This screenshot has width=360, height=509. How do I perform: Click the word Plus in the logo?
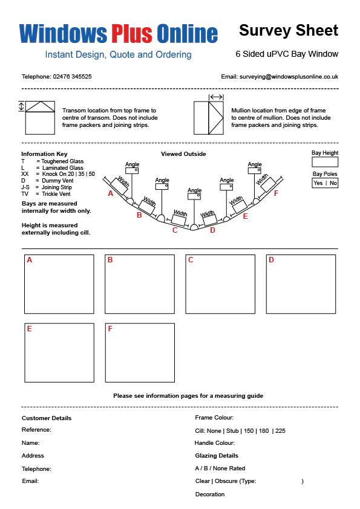click(132, 33)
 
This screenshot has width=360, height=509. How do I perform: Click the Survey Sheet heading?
click(289, 30)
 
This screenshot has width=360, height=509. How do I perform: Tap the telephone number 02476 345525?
click(72, 77)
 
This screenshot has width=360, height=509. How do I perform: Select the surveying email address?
click(289, 77)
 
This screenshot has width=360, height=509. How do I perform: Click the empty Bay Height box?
click(325, 162)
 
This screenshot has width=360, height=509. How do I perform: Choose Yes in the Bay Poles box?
click(318, 183)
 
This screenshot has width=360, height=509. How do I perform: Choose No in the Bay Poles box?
click(333, 183)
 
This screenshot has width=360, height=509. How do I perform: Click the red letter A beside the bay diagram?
click(111, 193)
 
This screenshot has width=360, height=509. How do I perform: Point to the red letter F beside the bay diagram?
click(276, 193)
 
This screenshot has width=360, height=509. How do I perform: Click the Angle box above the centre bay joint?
click(194, 196)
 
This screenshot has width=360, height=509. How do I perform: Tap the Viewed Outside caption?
click(183, 154)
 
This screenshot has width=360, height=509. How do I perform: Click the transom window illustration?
click(40, 117)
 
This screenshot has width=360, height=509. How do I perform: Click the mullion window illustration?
click(209, 118)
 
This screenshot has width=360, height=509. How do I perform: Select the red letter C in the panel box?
click(191, 260)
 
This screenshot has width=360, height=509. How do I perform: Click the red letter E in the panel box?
click(29, 329)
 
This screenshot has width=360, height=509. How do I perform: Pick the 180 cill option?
click(264, 431)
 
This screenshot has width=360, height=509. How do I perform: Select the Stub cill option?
click(232, 431)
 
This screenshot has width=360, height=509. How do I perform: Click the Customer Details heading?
click(47, 418)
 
